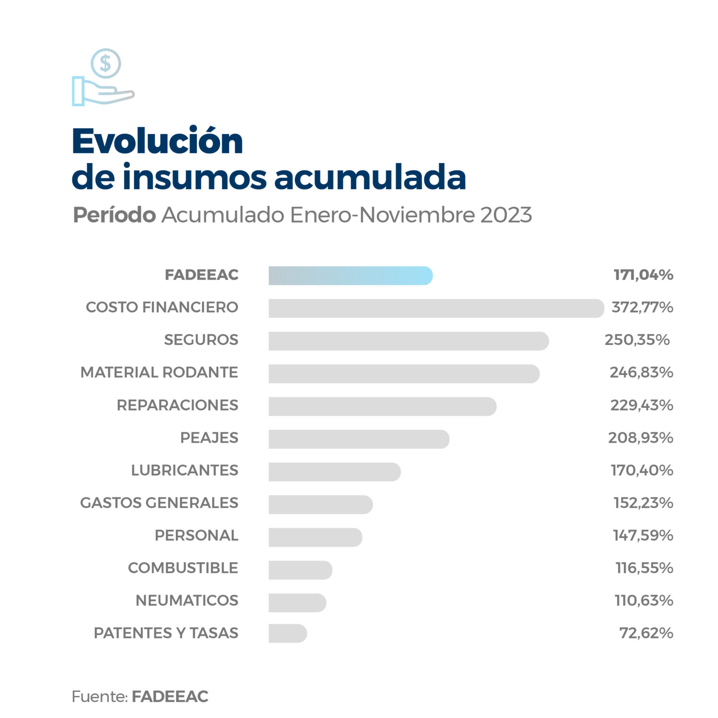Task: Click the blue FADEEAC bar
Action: [351, 276]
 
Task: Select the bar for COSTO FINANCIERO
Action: [436, 309]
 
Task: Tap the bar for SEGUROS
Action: [409, 341]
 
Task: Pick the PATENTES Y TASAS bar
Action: [287, 633]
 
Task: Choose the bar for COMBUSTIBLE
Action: [300, 570]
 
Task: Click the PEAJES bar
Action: [359, 439]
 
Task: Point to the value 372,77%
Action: [642, 307]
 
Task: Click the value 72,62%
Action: [646, 633]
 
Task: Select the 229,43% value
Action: [641, 405]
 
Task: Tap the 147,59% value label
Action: [643, 535]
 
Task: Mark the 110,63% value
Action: [644, 600]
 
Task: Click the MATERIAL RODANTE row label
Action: [159, 373]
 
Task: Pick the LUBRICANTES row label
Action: [185, 470]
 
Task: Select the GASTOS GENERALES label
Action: [159, 503]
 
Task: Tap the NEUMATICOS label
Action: [187, 600]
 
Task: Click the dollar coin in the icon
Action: [106, 63]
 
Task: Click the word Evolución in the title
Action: [158, 141]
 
